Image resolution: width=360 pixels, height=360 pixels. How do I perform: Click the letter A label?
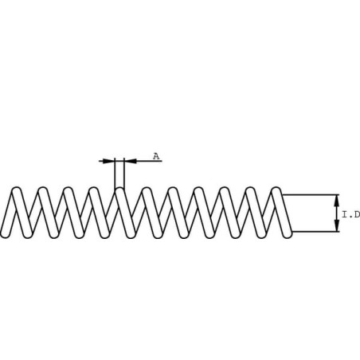(156, 156)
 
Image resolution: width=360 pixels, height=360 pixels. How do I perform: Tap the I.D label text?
(351, 214)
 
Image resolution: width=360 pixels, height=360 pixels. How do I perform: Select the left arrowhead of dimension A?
(108, 161)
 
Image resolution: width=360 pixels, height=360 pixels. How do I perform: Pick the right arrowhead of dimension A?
(131, 161)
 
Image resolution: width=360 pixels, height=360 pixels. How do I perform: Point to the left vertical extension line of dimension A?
(115, 174)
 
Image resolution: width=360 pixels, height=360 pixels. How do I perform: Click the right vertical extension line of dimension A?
(124, 173)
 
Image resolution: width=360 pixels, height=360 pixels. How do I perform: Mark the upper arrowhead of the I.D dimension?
(336, 201)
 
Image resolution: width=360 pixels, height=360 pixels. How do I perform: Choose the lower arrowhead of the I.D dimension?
(336, 225)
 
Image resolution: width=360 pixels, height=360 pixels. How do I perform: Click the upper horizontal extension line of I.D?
(311, 195)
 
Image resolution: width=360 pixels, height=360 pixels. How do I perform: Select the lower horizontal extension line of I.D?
(315, 232)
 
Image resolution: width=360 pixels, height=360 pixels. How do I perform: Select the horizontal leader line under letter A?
(149, 161)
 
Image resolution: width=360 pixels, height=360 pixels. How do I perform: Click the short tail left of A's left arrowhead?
(101, 161)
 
